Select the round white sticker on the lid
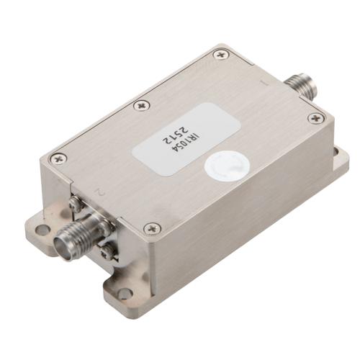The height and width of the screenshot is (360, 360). click(x=220, y=168)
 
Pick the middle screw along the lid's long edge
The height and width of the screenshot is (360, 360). click(x=140, y=106)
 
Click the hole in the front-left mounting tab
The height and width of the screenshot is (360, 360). click(x=42, y=230)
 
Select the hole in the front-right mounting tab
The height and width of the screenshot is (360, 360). click(x=124, y=293)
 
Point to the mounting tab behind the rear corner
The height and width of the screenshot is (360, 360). click(x=339, y=162)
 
